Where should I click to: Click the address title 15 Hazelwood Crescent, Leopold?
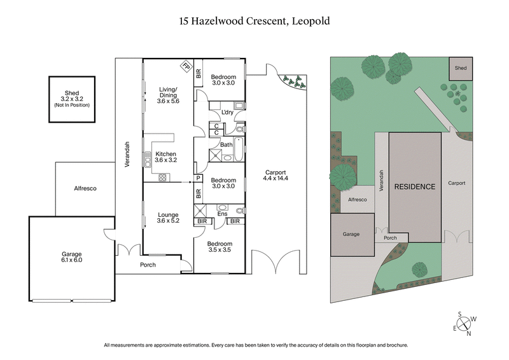254,21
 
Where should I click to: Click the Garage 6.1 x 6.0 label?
71,257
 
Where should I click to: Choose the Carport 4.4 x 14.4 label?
275,176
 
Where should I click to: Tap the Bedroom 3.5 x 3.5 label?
219,247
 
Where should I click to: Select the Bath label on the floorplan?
226,145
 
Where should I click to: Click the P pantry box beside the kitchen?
199,178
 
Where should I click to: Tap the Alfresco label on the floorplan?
85,188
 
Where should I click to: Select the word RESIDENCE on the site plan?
415,187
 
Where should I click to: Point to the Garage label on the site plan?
351,234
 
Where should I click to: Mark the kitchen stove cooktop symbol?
162,177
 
